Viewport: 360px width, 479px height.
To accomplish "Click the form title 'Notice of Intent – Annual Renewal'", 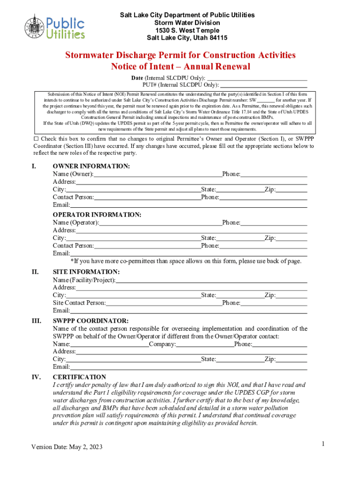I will point(180,66).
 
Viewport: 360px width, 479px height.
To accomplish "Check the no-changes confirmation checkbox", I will point(36,139).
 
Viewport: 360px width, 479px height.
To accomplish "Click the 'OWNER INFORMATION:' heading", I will point(91,167).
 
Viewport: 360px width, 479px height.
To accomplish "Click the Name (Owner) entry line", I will point(158,174).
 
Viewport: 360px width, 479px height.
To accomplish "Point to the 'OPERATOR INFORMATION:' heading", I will point(97,215).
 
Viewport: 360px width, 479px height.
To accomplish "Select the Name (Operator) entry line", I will point(160,223).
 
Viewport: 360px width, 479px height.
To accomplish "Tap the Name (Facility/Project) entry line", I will point(211,280).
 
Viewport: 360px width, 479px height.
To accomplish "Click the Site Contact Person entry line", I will point(164,303).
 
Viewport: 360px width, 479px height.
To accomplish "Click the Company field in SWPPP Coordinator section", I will point(205,344).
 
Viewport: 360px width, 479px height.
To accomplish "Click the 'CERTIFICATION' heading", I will point(79,377).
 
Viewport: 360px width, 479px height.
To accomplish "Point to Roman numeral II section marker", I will point(34,272).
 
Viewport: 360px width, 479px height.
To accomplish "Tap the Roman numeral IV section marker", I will point(36,377).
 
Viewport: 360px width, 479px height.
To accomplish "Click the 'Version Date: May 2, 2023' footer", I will point(67,447).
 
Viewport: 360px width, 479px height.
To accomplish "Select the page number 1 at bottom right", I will point(323,443).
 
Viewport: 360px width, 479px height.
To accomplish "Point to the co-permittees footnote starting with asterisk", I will point(186,261).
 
